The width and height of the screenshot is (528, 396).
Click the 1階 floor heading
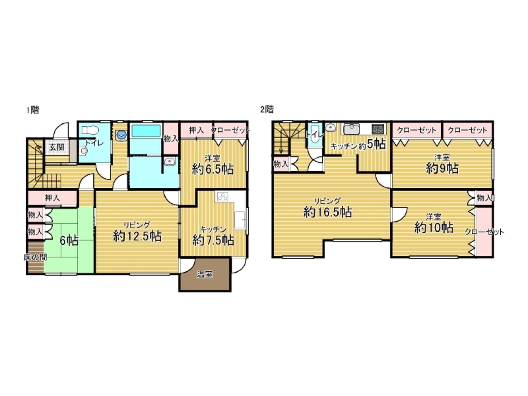pyautogui.click(x=32, y=110)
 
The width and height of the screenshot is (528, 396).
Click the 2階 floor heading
pyautogui.click(x=267, y=110)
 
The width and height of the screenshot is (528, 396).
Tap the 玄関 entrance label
pyautogui.click(x=57, y=147)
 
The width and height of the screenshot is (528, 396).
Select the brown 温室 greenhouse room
pyautogui.click(x=205, y=275)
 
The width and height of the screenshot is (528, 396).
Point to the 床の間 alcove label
pyautogui.click(x=35, y=257)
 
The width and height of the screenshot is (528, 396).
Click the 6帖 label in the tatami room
pyautogui.click(x=69, y=241)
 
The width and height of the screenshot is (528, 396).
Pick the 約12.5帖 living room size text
pyautogui.click(x=137, y=236)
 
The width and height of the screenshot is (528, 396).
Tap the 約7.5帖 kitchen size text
pyautogui.click(x=213, y=240)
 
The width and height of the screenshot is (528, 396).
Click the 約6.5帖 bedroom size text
pyautogui.click(x=213, y=169)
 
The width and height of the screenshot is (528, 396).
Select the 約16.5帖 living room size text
pyautogui.click(x=327, y=212)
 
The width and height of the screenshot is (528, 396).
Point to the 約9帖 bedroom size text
pyautogui.click(x=442, y=169)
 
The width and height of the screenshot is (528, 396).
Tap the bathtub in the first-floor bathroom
pyautogui.click(x=146, y=131)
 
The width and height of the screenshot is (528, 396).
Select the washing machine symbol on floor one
pyautogui.click(x=121, y=134)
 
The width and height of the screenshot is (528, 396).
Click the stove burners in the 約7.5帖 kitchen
pyautogui.click(x=222, y=197)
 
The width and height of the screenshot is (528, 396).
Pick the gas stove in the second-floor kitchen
pyautogui.click(x=378, y=129)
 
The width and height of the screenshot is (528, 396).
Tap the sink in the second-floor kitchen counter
pyautogui.click(x=351, y=129)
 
